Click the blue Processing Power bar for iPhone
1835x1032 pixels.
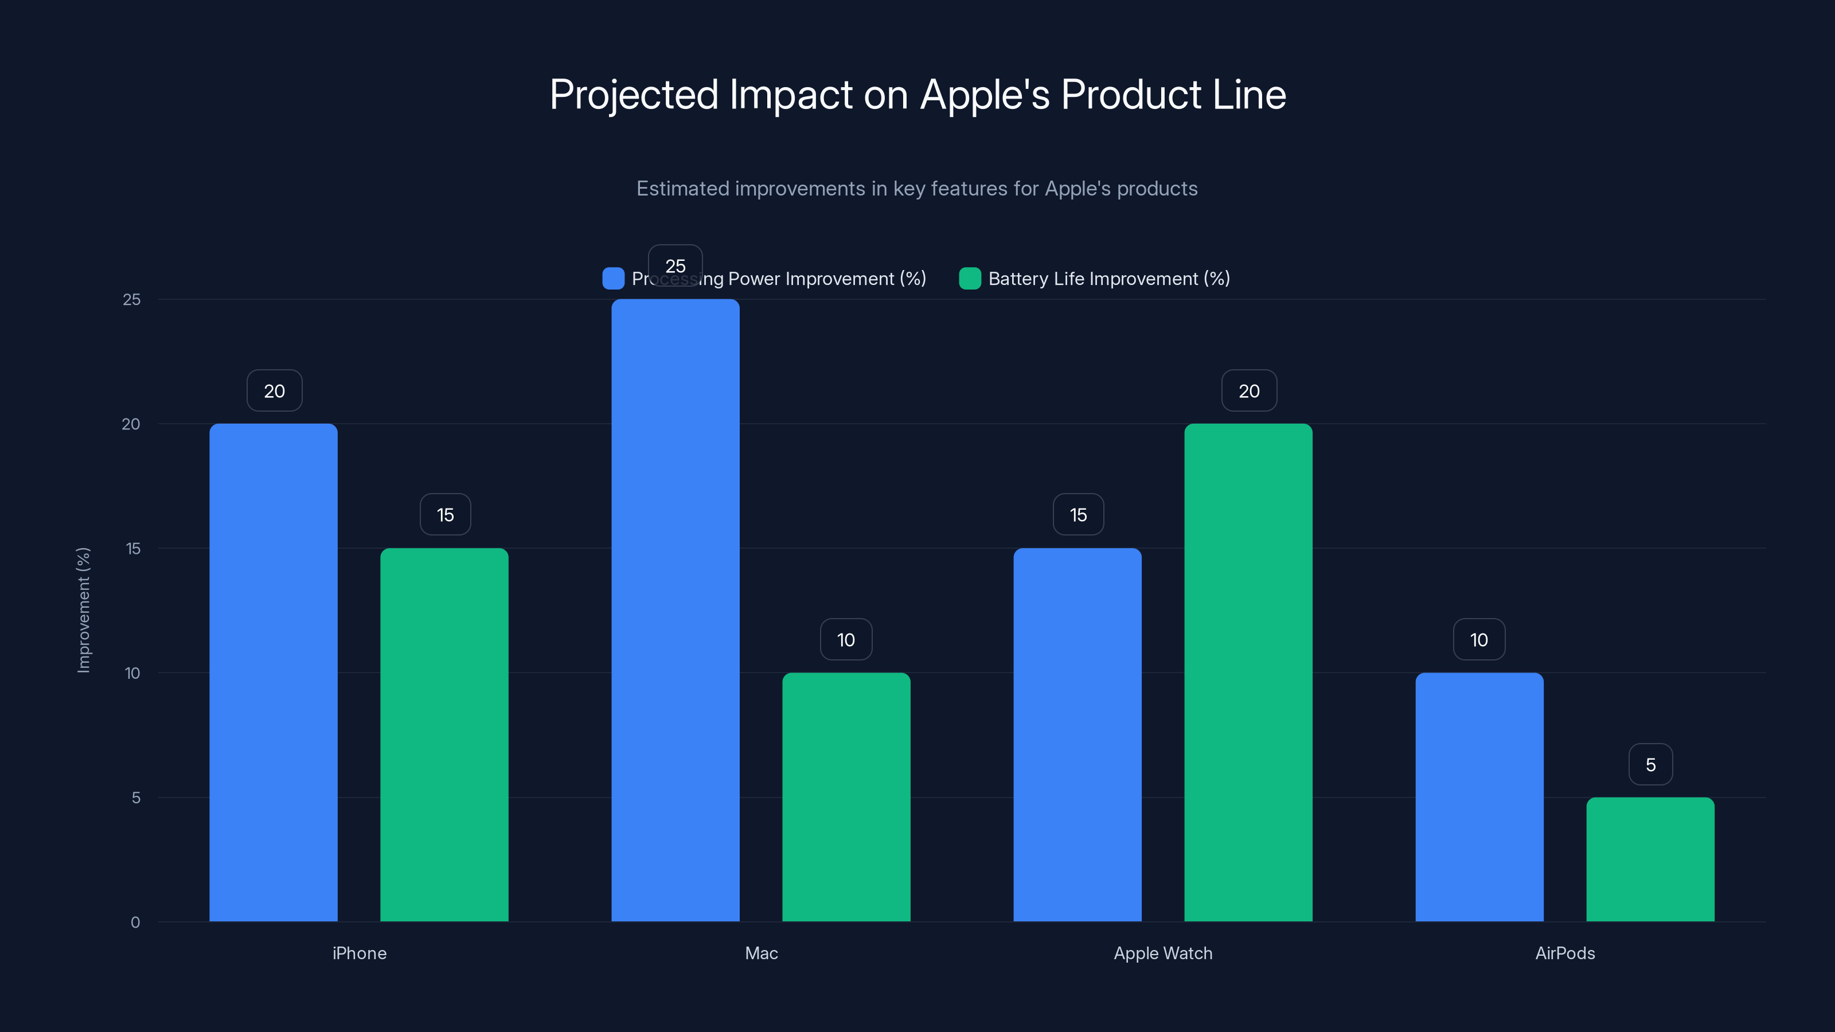[274, 673]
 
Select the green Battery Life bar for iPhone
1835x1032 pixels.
[444, 734]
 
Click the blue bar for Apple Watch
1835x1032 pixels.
[1077, 734]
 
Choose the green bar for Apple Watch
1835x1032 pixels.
[1248, 673]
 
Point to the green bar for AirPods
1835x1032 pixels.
[1650, 859]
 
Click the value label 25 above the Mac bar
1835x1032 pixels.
[676, 265]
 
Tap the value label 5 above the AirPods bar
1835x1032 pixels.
[1650, 764]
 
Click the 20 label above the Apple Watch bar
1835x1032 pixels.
[1249, 390]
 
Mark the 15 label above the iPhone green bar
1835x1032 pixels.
[445, 514]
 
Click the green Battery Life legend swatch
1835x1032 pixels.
[970, 279]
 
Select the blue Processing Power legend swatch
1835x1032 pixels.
[612, 279]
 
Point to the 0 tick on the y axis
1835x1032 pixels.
[135, 922]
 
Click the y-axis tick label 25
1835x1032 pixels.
[132, 299]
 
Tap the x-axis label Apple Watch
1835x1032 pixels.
[1162, 953]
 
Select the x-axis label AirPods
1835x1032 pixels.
[1564, 953]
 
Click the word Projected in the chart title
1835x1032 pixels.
[633, 95]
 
